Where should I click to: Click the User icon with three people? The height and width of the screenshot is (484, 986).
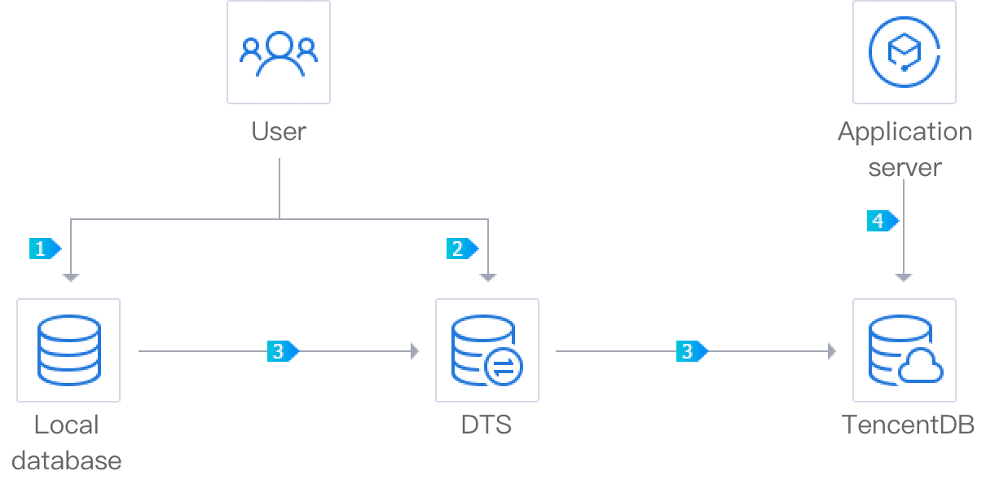click(x=279, y=52)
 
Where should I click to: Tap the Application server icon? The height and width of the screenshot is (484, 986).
click(x=905, y=52)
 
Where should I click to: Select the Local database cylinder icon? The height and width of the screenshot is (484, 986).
click(x=68, y=350)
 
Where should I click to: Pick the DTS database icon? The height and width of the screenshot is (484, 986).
click(x=487, y=350)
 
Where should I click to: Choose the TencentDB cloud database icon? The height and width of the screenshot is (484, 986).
click(x=905, y=350)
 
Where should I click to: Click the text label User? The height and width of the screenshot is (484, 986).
click(x=279, y=131)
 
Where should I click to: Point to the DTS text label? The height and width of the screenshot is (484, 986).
click(x=486, y=425)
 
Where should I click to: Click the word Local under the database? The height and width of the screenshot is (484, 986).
click(x=67, y=425)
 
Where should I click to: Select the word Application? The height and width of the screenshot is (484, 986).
click(x=905, y=131)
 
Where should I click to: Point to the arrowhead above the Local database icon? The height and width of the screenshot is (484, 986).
click(x=72, y=278)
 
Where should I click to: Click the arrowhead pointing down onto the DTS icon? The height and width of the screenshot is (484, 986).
click(x=488, y=278)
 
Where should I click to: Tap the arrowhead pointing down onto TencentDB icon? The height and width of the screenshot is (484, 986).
click(x=905, y=278)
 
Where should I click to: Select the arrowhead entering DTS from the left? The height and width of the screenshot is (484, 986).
click(x=415, y=351)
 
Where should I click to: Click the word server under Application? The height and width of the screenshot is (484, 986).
click(x=905, y=168)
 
